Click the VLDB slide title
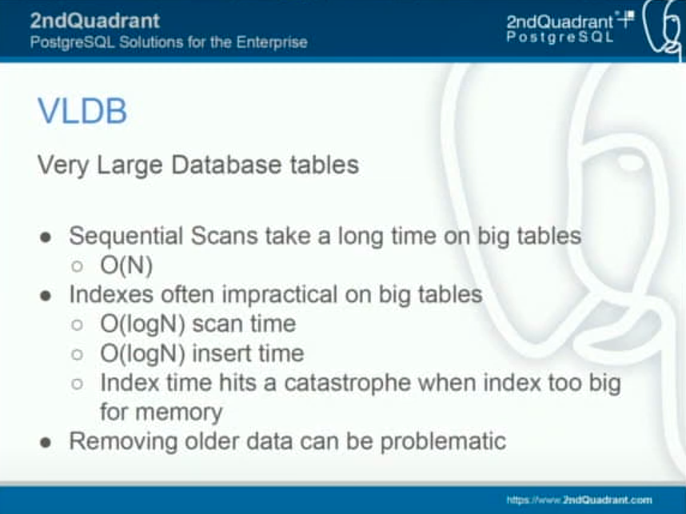pyautogui.click(x=82, y=110)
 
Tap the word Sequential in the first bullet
pyautogui.click(x=126, y=237)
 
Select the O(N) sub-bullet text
pyautogui.click(x=126, y=265)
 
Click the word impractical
pyautogui.click(x=280, y=295)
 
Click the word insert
pyautogui.click(x=219, y=353)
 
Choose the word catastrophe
pyautogui.click(x=347, y=383)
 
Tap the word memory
pyautogui.click(x=179, y=412)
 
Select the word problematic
pyautogui.click(x=443, y=441)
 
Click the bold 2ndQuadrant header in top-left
pyautogui.click(x=95, y=21)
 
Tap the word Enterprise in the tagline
pyautogui.click(x=272, y=42)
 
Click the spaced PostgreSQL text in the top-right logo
pyautogui.click(x=560, y=38)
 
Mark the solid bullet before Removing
pyautogui.click(x=46, y=443)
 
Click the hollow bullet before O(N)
pyautogui.click(x=77, y=266)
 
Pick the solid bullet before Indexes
pyautogui.click(x=46, y=296)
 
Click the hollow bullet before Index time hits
pyautogui.click(x=77, y=384)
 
